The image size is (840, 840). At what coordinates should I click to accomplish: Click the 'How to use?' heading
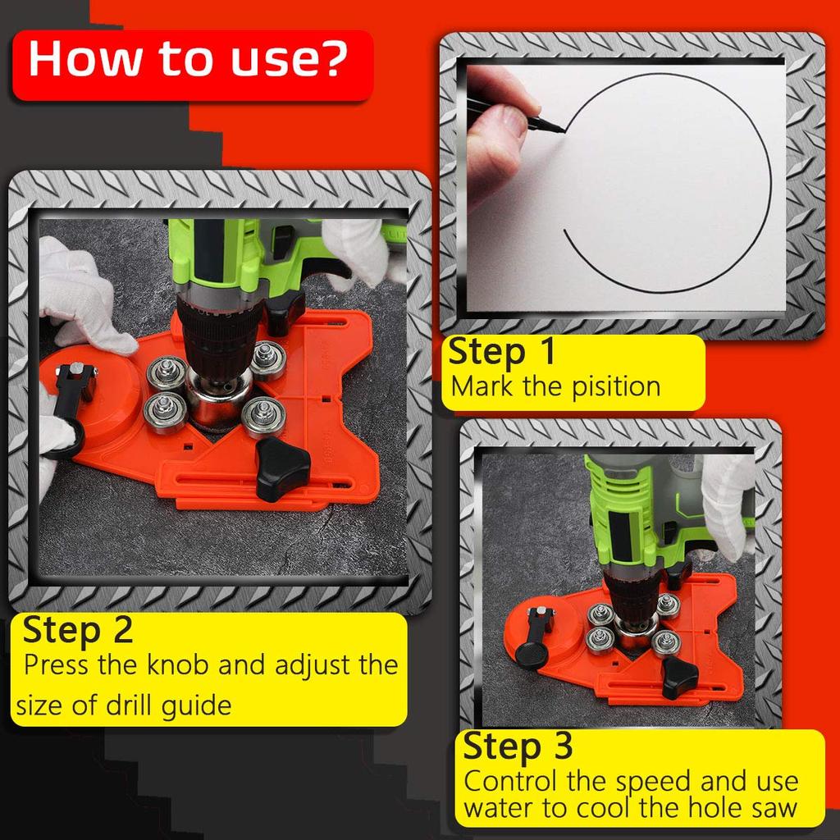click(x=189, y=62)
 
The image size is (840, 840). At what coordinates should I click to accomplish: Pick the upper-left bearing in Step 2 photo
click(x=165, y=373)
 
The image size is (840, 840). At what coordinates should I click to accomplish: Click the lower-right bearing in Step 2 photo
click(x=262, y=414)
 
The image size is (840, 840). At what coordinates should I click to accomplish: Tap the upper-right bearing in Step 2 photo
click(x=267, y=357)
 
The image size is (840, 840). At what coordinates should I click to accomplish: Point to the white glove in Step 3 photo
click(x=726, y=500)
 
